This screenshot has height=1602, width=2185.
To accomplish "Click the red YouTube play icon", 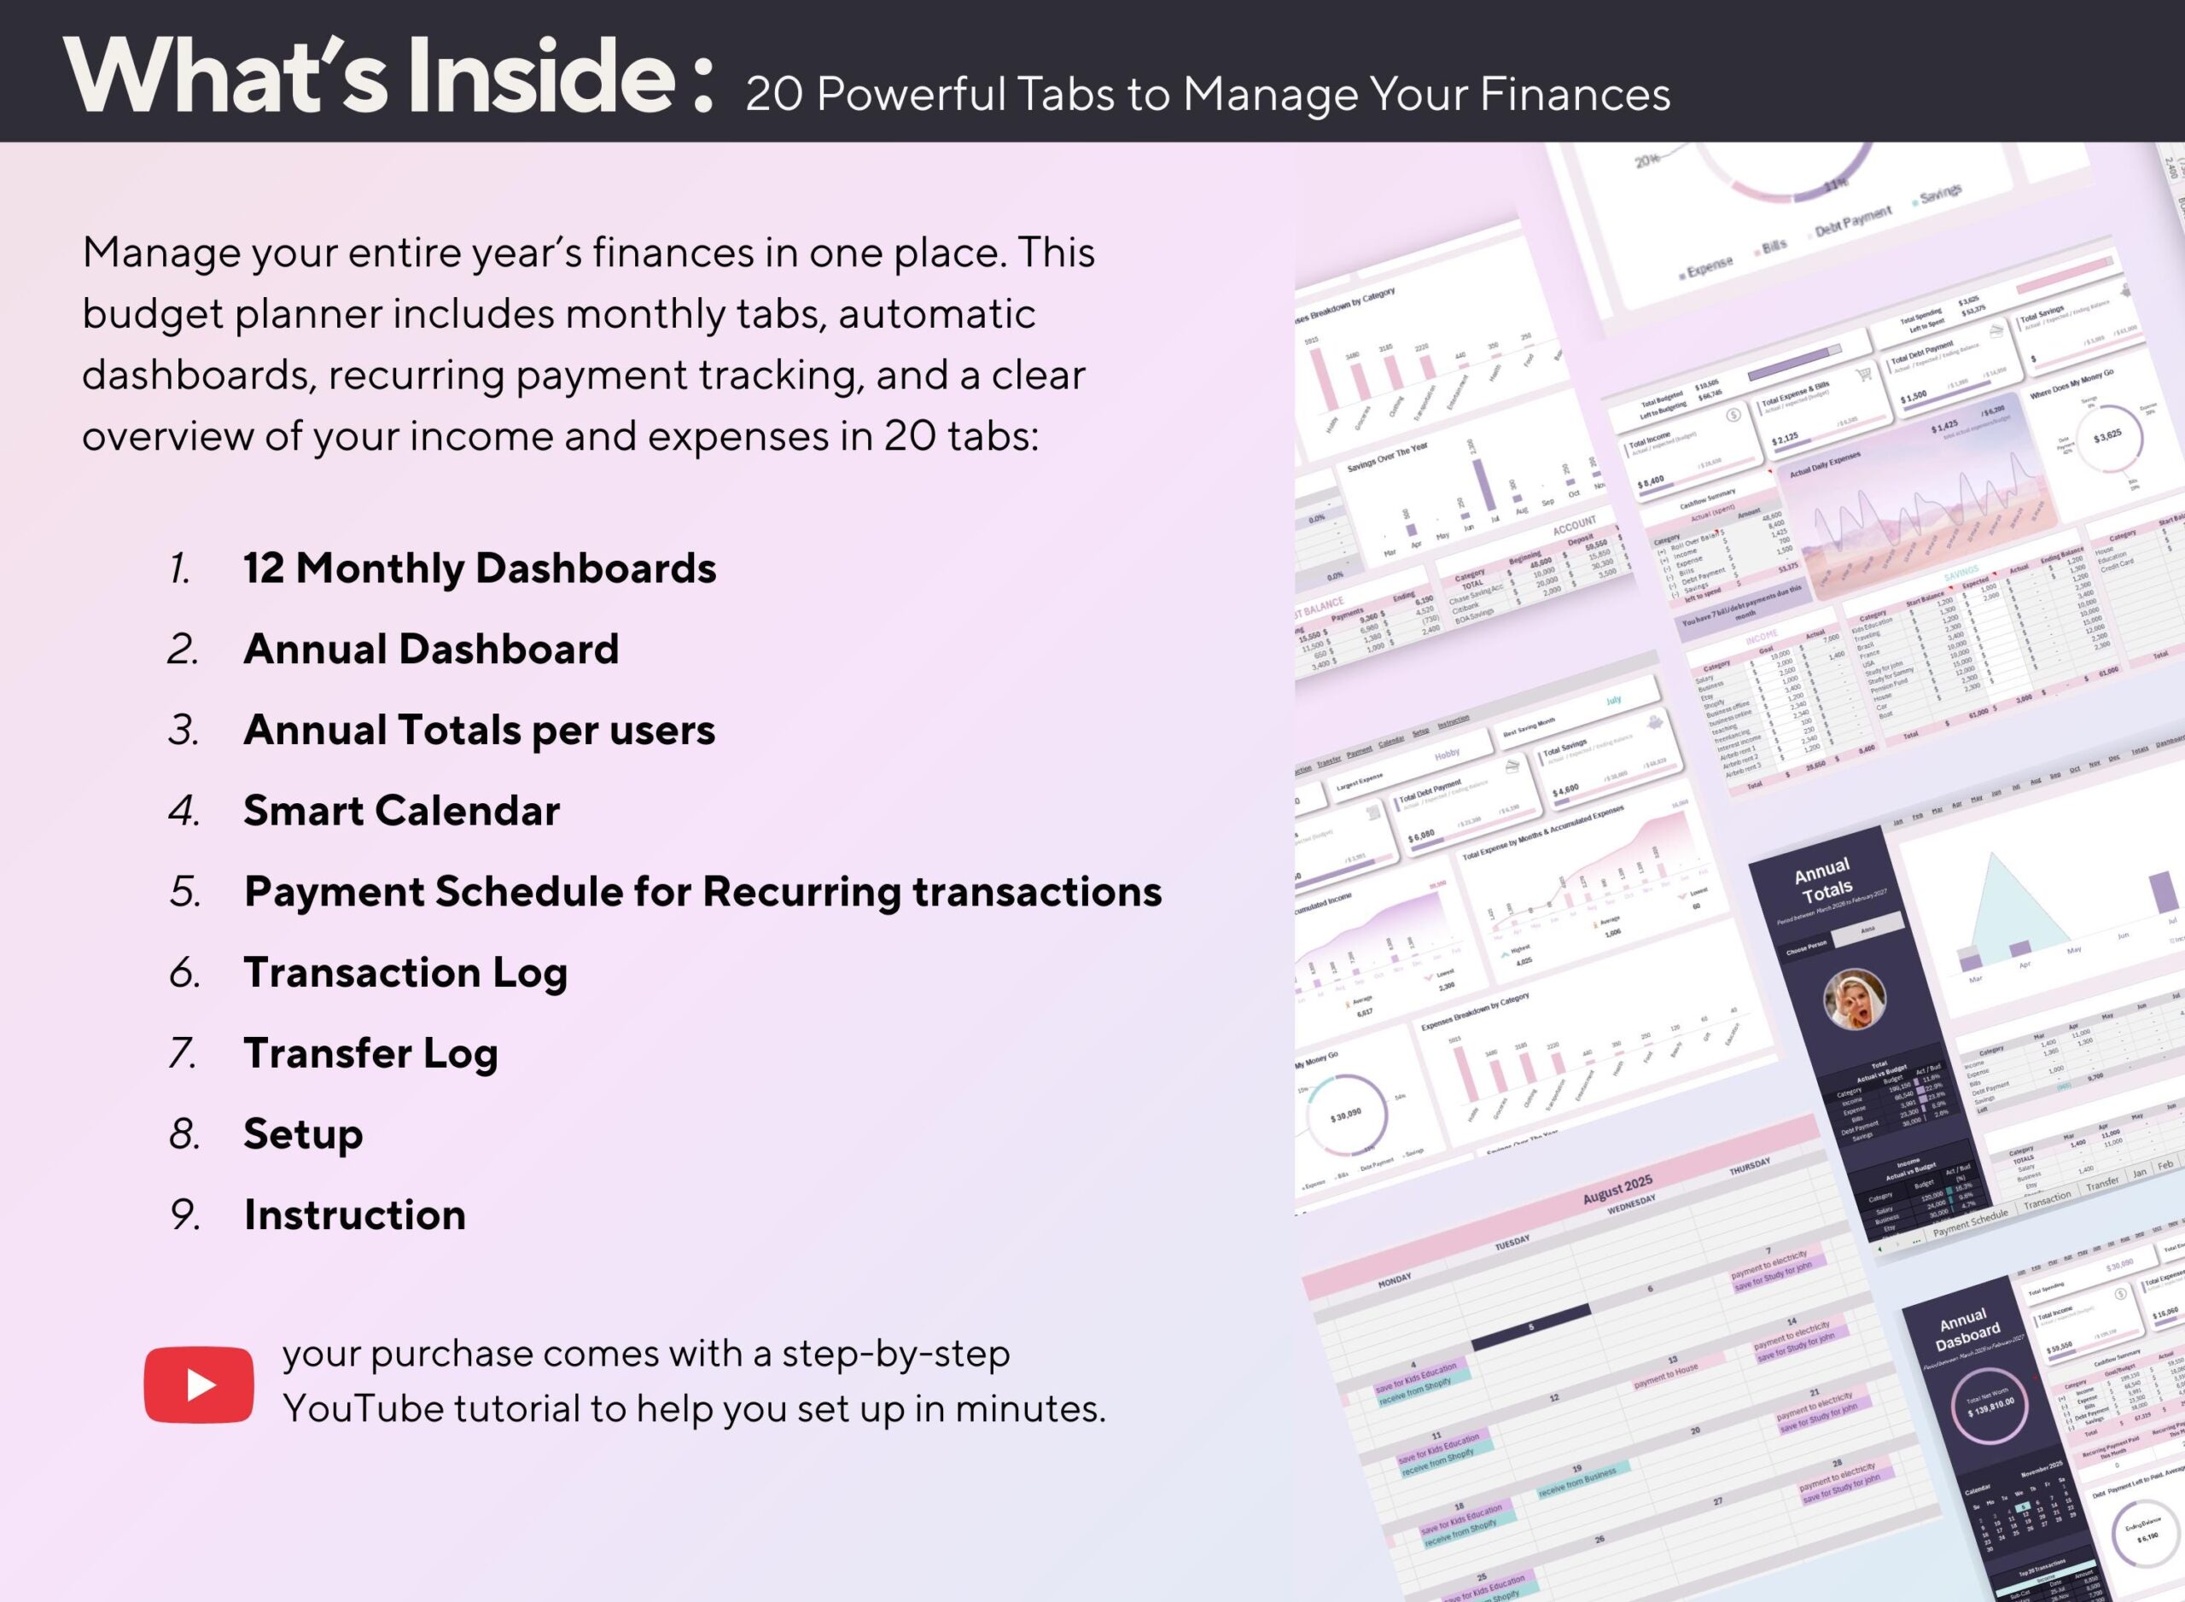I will click(x=199, y=1384).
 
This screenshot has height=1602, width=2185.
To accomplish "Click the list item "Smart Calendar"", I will click(x=401, y=811).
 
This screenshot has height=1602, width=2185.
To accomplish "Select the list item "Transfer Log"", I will click(x=370, y=1053).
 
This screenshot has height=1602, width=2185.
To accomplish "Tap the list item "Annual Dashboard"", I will click(x=431, y=649).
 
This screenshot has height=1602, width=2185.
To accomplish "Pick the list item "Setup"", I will click(x=303, y=1133).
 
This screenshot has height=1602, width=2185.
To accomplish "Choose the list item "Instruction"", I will click(x=354, y=1215).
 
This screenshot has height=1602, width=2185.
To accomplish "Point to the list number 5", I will click(x=184, y=892).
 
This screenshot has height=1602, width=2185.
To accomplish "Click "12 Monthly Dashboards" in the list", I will click(x=479, y=568).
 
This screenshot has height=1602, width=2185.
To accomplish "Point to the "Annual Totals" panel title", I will click(x=1823, y=878).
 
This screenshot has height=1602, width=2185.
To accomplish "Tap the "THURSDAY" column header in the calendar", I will click(x=1750, y=1168).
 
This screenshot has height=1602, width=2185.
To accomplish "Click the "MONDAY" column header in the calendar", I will click(x=1395, y=1281).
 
